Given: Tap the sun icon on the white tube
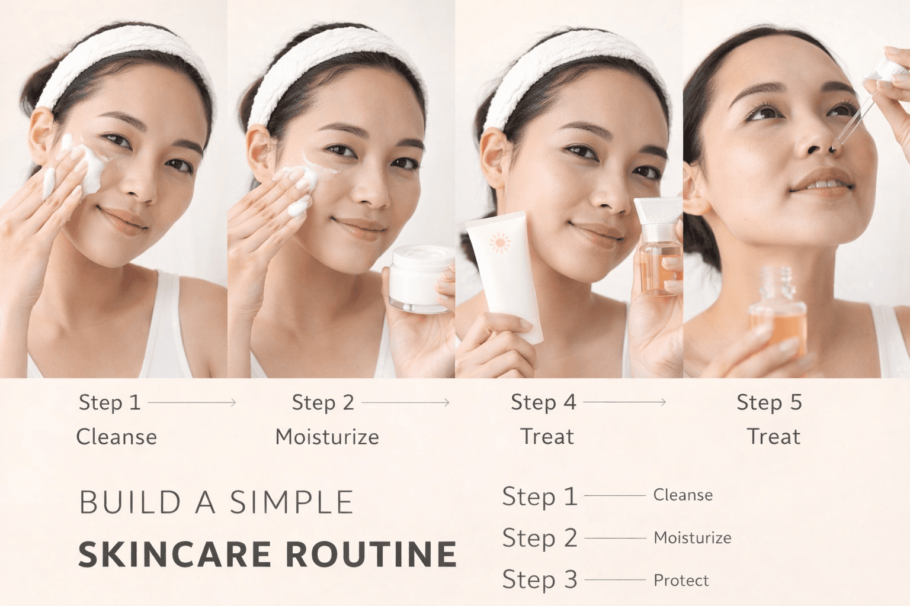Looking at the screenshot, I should (499, 243).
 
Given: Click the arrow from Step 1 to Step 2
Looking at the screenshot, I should (192, 402).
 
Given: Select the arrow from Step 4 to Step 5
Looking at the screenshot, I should (624, 402).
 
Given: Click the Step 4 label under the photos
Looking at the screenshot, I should (543, 402).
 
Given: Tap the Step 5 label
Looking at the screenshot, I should (769, 402).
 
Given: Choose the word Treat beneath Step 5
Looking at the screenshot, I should (773, 437).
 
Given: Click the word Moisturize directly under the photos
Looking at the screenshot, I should (327, 437).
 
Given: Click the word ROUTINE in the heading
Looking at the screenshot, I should (371, 555).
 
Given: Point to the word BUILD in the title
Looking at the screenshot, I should (130, 503).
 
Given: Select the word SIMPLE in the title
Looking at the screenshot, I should (291, 503).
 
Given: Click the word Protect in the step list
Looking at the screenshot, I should (681, 581).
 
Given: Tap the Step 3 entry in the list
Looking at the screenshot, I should (539, 580).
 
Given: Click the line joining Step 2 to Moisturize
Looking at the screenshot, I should (615, 538).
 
